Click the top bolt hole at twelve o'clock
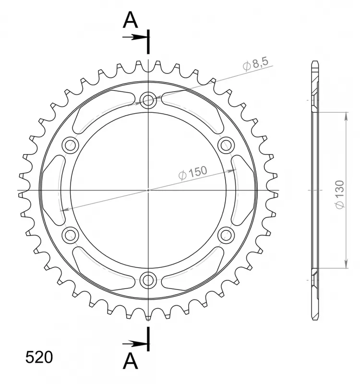click(149, 100)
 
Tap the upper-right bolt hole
click(226, 144)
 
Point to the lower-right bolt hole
click(226, 234)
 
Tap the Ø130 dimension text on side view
click(339, 194)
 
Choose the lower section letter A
click(131, 361)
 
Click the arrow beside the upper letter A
click(135, 37)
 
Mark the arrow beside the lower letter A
click(135, 343)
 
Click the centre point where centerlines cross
click(149, 190)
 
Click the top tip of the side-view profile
click(314, 62)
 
